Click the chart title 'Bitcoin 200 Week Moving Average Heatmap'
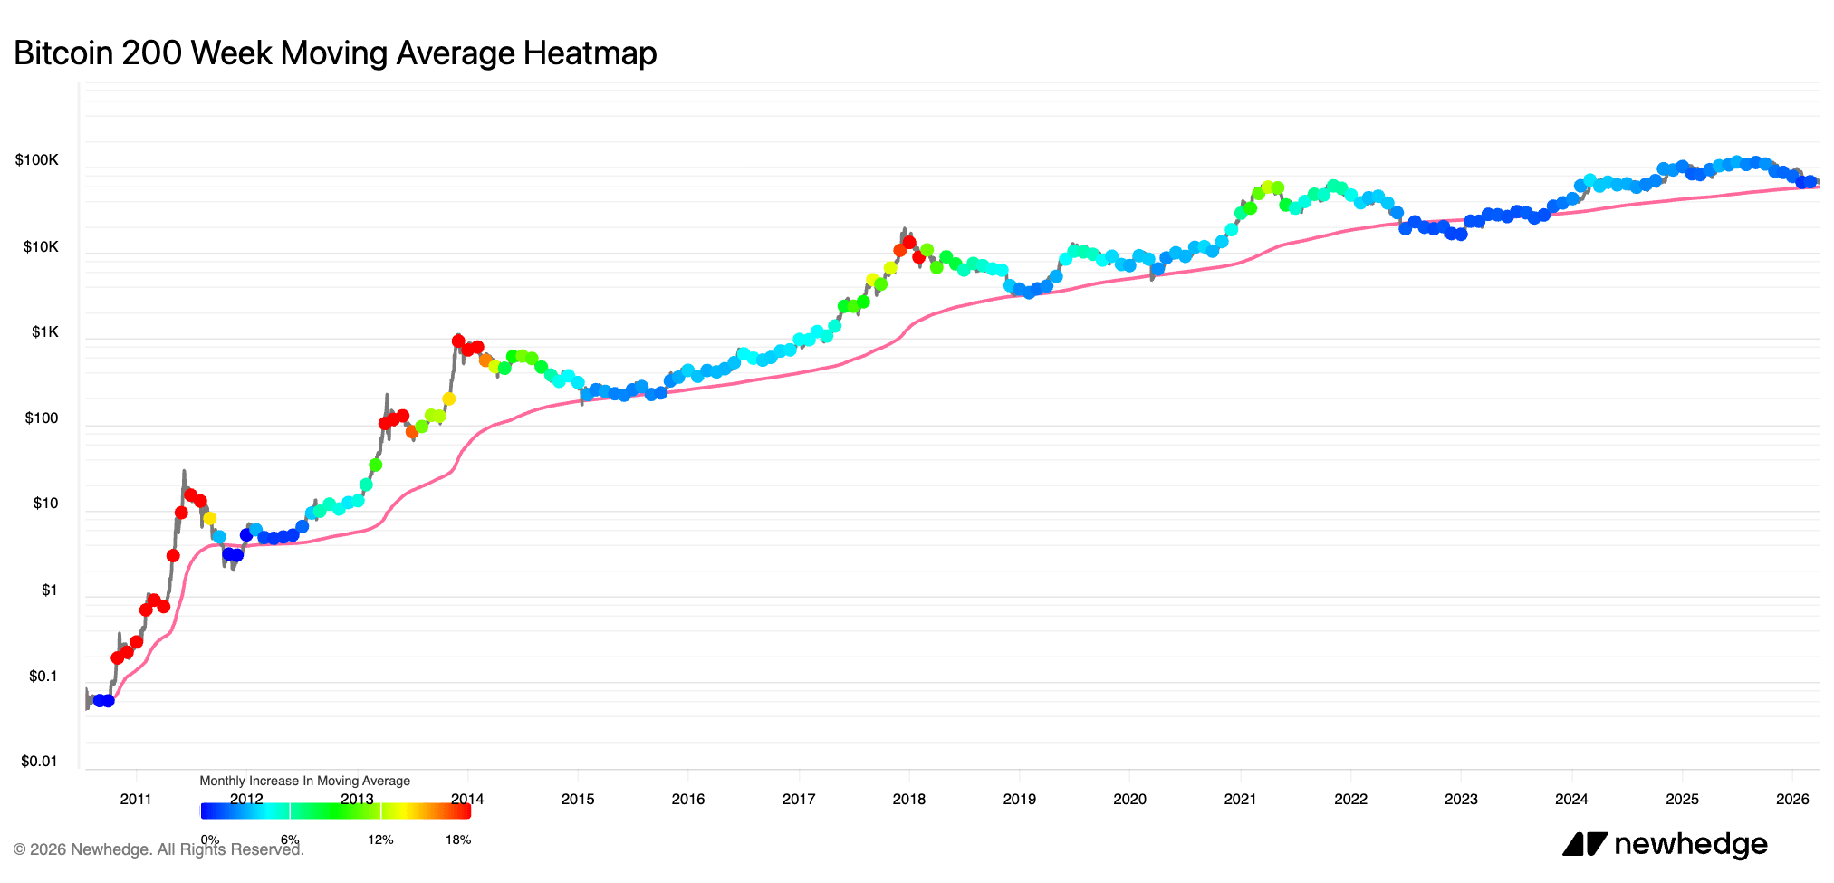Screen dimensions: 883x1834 [335, 53]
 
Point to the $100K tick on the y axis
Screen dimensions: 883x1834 [37, 160]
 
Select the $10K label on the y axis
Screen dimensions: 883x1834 [41, 246]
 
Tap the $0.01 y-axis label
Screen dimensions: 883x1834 [39, 761]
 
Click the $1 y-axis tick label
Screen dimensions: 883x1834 [49, 590]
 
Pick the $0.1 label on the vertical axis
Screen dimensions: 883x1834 [43, 677]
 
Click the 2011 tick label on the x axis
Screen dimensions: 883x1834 [136, 799]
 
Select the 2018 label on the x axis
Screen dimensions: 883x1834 [908, 799]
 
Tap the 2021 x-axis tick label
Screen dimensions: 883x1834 [1240, 799]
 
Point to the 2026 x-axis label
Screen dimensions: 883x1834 [1792, 799]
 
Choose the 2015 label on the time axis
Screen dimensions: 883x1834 [578, 799]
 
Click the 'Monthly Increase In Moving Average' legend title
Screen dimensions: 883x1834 [304, 781]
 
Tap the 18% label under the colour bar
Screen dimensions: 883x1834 [458, 840]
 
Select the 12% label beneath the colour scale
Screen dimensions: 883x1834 [380, 840]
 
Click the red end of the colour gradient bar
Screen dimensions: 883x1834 [465, 811]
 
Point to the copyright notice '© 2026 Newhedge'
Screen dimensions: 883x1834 [158, 849]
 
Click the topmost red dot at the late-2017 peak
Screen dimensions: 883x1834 [909, 243]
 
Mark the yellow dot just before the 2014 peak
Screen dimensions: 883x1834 [448, 398]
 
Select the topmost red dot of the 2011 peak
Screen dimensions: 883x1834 [190, 494]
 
